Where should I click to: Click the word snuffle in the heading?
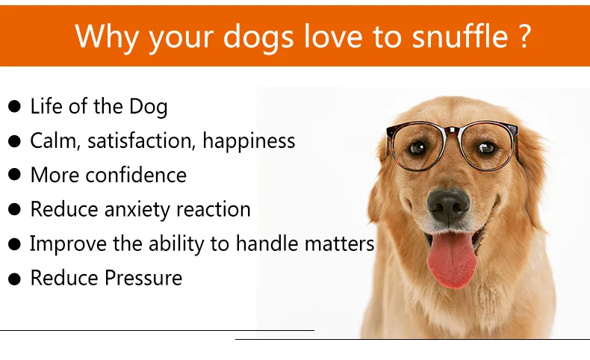point(460,36)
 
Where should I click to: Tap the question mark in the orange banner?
point(524,36)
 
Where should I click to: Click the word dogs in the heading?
point(258,38)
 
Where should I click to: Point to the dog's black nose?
point(448,205)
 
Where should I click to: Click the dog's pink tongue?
point(452,259)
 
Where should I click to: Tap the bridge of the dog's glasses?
point(452,131)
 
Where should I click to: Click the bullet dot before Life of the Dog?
point(14,107)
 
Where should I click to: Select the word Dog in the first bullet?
point(149,107)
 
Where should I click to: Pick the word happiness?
point(249,141)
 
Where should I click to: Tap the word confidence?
point(136,176)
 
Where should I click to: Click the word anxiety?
point(137,210)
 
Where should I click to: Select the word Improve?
point(68,244)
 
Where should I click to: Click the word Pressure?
point(143,278)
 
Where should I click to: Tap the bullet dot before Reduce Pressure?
point(14,279)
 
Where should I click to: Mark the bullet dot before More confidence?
point(14,175)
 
